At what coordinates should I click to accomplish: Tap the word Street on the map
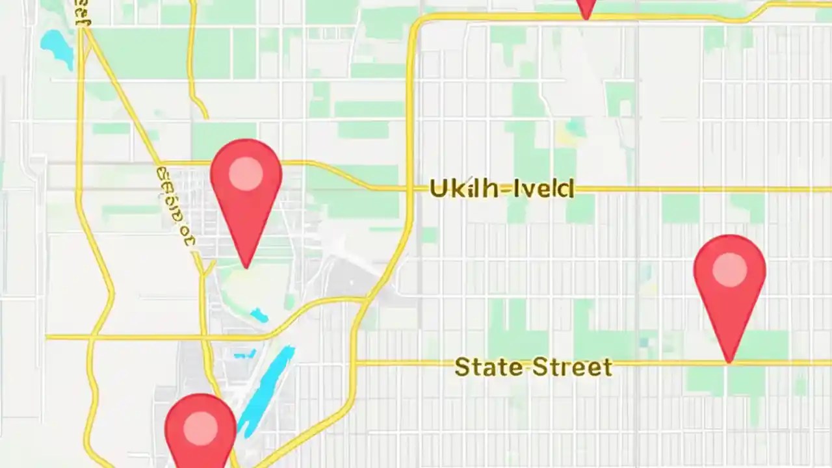click(x=573, y=367)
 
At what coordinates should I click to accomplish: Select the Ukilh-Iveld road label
click(x=502, y=189)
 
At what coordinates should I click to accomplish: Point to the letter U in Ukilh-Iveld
click(x=439, y=189)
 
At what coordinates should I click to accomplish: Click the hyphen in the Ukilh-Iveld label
click(x=506, y=190)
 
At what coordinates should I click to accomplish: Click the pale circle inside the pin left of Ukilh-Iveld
click(x=246, y=174)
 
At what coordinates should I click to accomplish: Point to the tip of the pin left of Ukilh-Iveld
click(x=246, y=266)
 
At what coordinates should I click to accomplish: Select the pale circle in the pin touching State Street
click(x=729, y=270)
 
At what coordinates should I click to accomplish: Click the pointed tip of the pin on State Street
click(x=729, y=361)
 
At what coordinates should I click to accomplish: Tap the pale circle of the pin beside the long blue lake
click(x=200, y=429)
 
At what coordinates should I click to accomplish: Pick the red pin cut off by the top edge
click(x=586, y=8)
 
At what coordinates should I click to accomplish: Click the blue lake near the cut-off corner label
click(x=57, y=47)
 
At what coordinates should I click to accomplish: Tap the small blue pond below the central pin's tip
click(x=259, y=315)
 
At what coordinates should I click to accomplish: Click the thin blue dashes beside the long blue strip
click(x=244, y=355)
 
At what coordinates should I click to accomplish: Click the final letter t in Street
click(x=606, y=368)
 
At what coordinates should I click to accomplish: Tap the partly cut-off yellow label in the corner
click(x=83, y=13)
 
